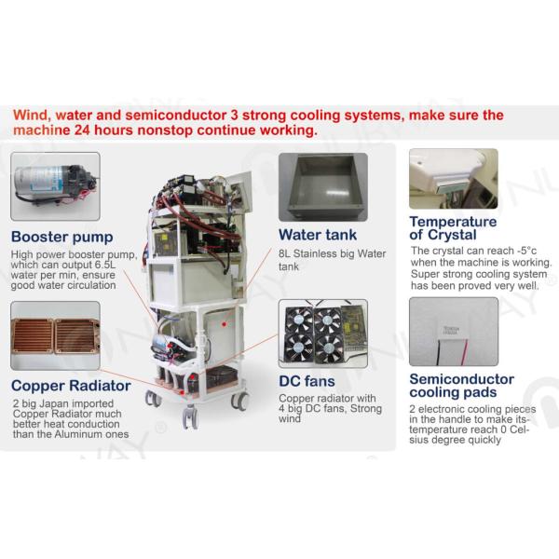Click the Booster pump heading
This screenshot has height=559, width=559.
pyautogui.click(x=62, y=237)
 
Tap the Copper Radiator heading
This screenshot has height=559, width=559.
pyautogui.click(x=71, y=386)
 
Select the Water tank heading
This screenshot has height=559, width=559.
pyautogui.click(x=318, y=235)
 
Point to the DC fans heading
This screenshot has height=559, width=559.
pyautogui.click(x=307, y=381)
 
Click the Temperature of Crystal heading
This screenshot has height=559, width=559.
pyautogui.click(x=453, y=228)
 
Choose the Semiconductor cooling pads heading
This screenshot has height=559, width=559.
pyautogui.click(x=462, y=386)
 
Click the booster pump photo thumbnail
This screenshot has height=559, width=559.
pyautogui.click(x=55, y=186)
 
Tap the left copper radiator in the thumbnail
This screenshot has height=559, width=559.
pyautogui.click(x=32, y=335)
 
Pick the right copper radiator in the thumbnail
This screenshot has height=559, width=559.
pyautogui.click(x=76, y=335)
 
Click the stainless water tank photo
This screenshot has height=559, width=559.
pyautogui.click(x=323, y=187)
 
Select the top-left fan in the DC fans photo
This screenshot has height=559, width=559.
pyautogui.click(x=299, y=320)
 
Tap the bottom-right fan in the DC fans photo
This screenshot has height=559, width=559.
pyautogui.click(x=328, y=348)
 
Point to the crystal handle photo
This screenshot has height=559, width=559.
pyautogui.click(x=454, y=179)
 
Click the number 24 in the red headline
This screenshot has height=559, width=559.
pyautogui.click(x=82, y=130)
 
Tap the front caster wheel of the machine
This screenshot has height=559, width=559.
pyautogui.click(x=190, y=416)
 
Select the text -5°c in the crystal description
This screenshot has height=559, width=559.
pyautogui.click(x=526, y=251)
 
